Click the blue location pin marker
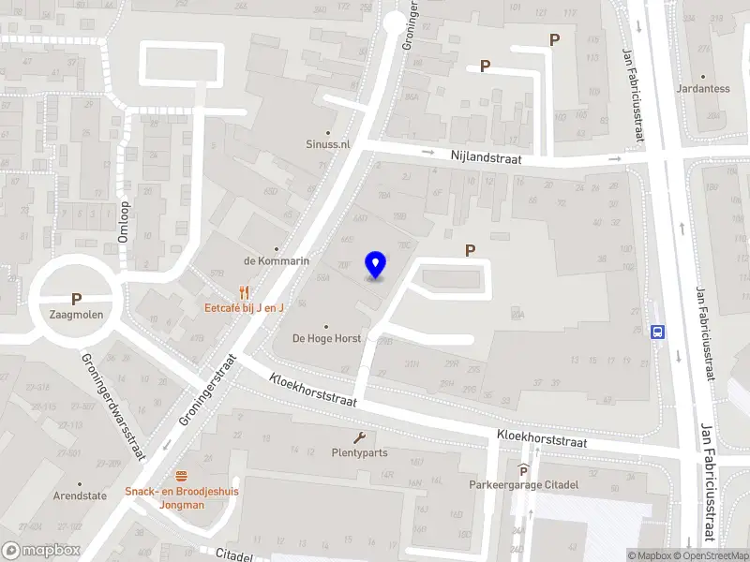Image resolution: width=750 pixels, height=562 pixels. pos(376,265)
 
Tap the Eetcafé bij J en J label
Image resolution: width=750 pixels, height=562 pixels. pos(246,307)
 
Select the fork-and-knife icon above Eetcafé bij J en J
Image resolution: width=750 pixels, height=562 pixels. pos(246,291)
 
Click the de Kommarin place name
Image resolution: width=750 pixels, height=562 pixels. pos(277,260)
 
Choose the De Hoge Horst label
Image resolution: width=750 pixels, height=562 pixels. pos(326,338)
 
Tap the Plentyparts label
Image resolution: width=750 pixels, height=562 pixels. pos(359,452)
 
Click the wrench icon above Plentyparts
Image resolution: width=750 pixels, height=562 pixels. pos(359,437)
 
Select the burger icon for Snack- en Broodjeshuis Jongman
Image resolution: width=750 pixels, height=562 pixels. pos(181,476)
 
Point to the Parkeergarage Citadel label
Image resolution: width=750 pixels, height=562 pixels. pos(524,484)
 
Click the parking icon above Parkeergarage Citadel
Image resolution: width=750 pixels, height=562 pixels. pos(524,470)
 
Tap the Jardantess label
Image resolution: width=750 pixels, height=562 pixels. pos(703,89)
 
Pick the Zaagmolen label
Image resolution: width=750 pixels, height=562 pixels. pos(77,315)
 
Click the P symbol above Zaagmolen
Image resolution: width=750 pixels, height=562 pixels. pos(77,300)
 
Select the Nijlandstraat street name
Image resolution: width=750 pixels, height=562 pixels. pos(490,160)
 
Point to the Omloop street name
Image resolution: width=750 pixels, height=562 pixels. pos(123,222)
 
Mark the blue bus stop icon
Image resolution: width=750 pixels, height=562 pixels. pos(658,331)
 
